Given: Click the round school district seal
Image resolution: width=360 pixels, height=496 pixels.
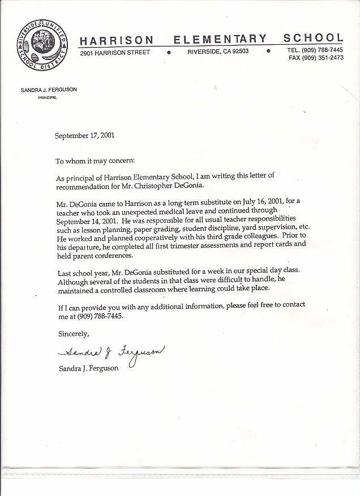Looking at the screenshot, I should (x=42, y=45).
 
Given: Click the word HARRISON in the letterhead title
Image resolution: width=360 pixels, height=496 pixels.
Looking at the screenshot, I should (x=117, y=40).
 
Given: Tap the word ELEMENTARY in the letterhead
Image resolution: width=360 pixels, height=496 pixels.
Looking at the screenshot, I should (x=220, y=39).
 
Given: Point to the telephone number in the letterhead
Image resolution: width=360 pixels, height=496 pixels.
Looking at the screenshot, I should (x=323, y=50).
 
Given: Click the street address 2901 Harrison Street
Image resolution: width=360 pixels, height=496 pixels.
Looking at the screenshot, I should (x=115, y=53).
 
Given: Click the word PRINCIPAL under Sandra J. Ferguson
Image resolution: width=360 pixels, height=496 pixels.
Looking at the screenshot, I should (x=48, y=98).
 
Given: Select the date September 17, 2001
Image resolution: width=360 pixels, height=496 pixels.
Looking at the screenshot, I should (x=84, y=136).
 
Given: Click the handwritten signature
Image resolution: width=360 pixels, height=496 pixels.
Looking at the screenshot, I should (x=111, y=353).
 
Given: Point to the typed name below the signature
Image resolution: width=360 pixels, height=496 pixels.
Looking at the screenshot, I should (x=89, y=368).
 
